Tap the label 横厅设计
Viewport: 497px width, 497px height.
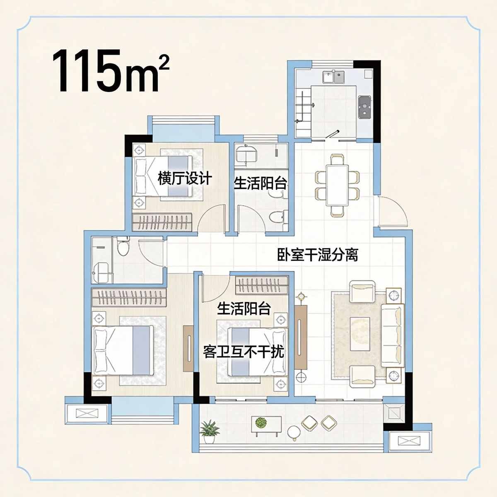click(x=185, y=179)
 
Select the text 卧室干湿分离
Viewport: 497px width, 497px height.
click(x=318, y=254)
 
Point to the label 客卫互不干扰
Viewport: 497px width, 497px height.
click(x=244, y=352)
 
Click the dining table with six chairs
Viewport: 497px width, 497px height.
click(x=337, y=185)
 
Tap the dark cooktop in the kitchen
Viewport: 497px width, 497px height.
click(x=364, y=107)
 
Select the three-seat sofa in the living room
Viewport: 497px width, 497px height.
click(x=392, y=335)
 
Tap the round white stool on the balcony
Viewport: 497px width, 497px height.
click(x=294, y=432)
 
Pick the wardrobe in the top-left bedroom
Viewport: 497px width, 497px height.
click(x=162, y=222)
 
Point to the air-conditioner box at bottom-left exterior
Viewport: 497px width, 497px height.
click(x=87, y=413)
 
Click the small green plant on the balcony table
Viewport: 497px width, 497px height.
click(x=261, y=422)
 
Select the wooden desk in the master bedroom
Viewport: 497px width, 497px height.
click(x=188, y=348)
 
